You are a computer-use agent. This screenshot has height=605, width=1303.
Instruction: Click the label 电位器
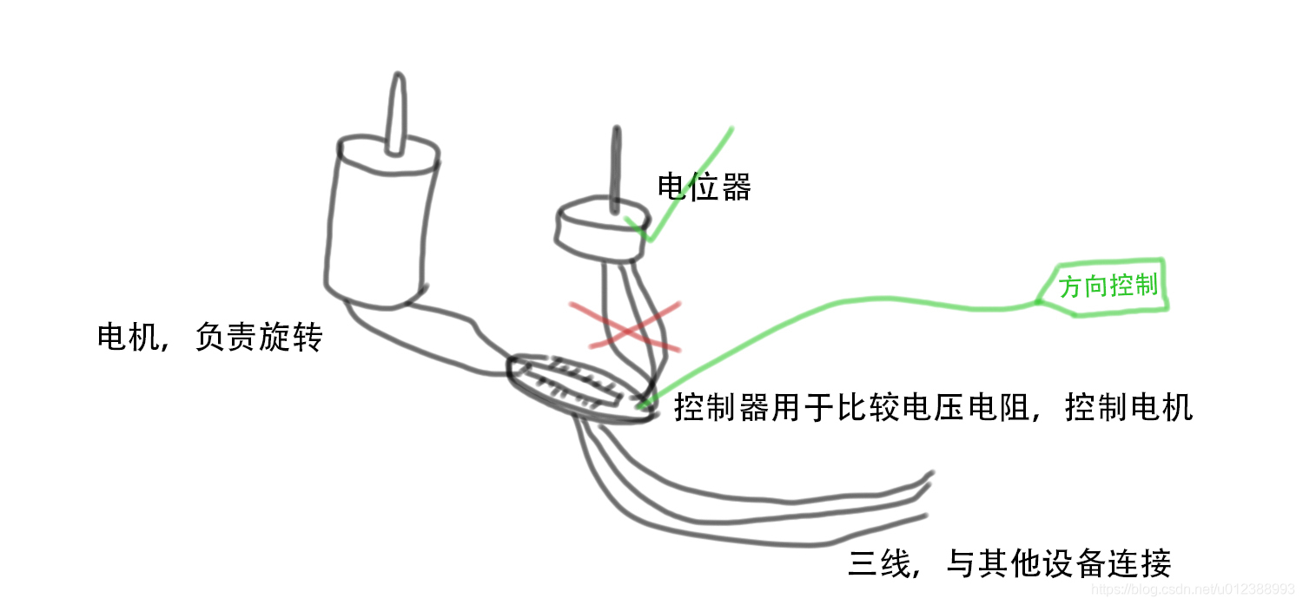(x=704, y=187)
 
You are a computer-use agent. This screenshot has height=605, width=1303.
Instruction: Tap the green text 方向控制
(x=1109, y=286)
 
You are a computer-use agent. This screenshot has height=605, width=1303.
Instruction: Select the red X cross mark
(x=624, y=326)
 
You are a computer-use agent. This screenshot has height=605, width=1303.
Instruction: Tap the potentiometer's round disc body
(x=600, y=232)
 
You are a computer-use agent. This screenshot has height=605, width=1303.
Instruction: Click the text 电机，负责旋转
(x=209, y=337)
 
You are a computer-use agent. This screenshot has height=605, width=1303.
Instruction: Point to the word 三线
(x=878, y=564)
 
